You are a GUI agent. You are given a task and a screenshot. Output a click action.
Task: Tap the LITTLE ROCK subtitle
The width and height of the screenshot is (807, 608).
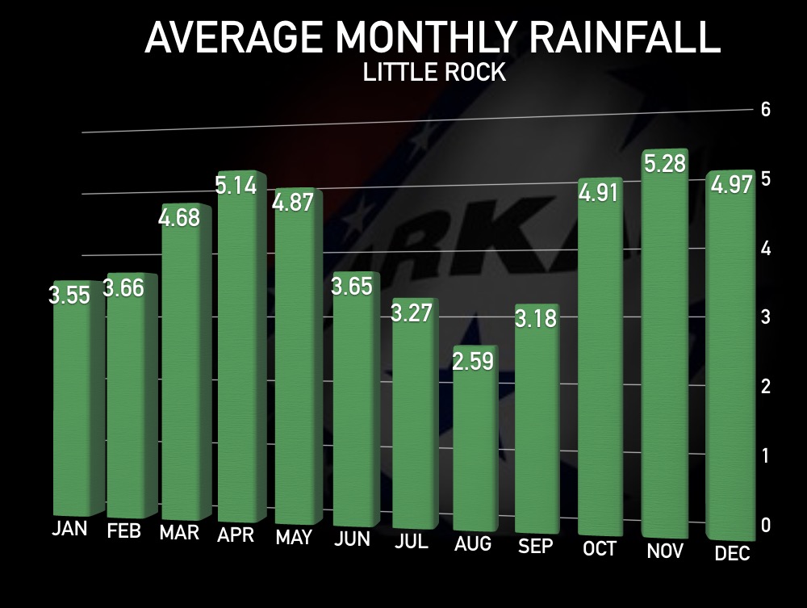pyautogui.click(x=434, y=73)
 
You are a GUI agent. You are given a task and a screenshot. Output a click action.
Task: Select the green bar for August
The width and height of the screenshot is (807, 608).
pyautogui.click(x=475, y=452)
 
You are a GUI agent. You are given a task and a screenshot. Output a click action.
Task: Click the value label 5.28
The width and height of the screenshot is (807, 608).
pyautogui.click(x=664, y=164)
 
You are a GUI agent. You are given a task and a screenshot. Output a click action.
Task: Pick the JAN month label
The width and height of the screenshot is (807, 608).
pyautogui.click(x=70, y=530)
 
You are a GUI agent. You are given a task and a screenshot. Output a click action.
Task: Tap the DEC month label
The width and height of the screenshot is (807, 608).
pyautogui.click(x=733, y=553)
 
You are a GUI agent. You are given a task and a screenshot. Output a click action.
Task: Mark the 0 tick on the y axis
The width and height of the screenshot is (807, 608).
pyautogui.click(x=766, y=526)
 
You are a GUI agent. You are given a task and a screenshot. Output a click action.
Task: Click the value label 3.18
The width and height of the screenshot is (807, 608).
pyautogui.click(x=536, y=318)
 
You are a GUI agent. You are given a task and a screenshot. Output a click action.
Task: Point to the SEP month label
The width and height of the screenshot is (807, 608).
pyautogui.click(x=536, y=547)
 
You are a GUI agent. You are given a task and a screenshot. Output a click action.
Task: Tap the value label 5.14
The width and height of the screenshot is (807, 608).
pyautogui.click(x=236, y=186)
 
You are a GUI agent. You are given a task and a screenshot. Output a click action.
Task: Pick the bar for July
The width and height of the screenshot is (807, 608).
pyautogui.click(x=415, y=420)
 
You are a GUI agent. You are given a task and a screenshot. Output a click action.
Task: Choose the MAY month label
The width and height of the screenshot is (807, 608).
pyautogui.click(x=294, y=538)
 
